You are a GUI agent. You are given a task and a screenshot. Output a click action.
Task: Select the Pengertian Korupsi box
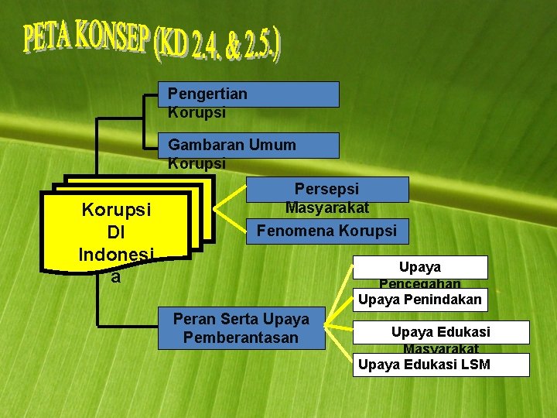click(248, 94)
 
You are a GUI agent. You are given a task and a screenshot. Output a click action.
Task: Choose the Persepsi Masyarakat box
click(326, 190)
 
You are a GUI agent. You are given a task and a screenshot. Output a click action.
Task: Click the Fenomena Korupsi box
click(326, 231)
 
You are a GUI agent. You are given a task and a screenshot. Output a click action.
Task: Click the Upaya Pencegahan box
click(421, 267)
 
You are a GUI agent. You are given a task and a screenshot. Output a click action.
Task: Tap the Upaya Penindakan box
click(421, 300)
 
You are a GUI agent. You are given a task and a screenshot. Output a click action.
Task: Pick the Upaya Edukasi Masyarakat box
click(440, 333)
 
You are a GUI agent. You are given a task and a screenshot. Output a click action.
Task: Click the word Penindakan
click(444, 300)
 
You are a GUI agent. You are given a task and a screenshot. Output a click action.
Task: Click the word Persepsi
click(326, 189)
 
